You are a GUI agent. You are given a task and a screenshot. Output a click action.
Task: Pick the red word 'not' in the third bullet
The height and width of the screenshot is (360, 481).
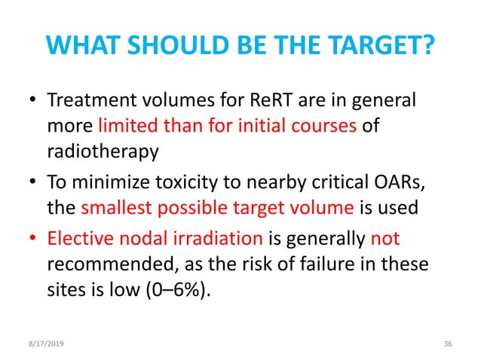pos(385,239)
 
